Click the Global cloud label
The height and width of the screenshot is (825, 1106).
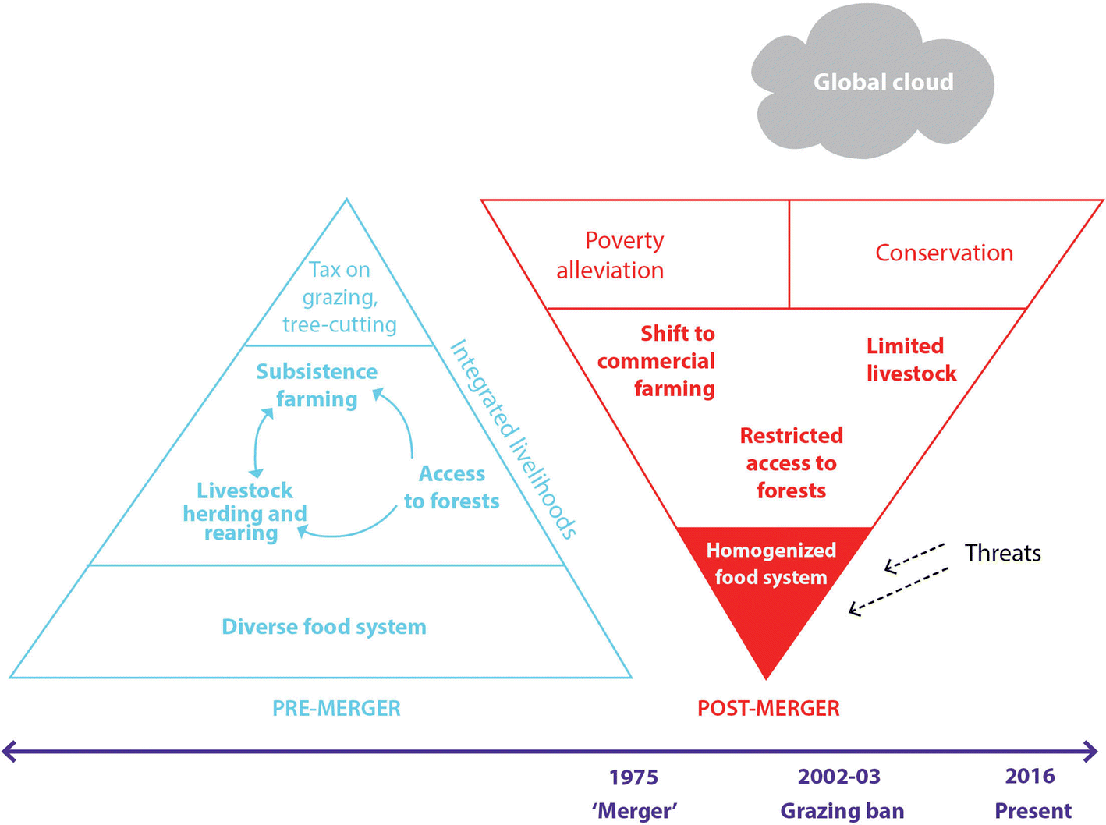[x=883, y=82]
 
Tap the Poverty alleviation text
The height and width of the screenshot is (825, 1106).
[x=611, y=255]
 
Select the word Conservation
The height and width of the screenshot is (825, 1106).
[x=944, y=253]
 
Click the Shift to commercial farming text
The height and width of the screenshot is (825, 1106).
[x=658, y=361]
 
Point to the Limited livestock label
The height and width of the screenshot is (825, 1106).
[x=910, y=359]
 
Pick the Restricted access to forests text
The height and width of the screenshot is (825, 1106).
[x=791, y=463]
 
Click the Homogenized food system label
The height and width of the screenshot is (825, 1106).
[x=771, y=564]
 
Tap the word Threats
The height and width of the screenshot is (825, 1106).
[x=1002, y=553]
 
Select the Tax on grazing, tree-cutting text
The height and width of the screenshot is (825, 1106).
[x=339, y=297]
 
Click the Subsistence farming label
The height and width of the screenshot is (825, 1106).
[x=317, y=385]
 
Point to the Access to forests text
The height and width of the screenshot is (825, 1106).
[x=452, y=487]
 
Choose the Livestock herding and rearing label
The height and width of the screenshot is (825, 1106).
[x=244, y=512]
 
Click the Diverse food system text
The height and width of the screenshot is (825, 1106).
[x=324, y=627]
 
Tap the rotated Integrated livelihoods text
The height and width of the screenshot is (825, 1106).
[x=513, y=439]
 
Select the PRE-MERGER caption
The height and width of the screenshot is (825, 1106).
[x=336, y=708]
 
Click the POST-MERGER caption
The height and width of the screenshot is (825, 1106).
[x=768, y=708]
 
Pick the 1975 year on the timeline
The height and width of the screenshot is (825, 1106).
[x=633, y=777]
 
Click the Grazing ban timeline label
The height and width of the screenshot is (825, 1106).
[x=842, y=811]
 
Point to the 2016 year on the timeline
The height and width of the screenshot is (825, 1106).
[x=1030, y=776]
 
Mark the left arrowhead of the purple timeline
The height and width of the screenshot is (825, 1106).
[x=9, y=752]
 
